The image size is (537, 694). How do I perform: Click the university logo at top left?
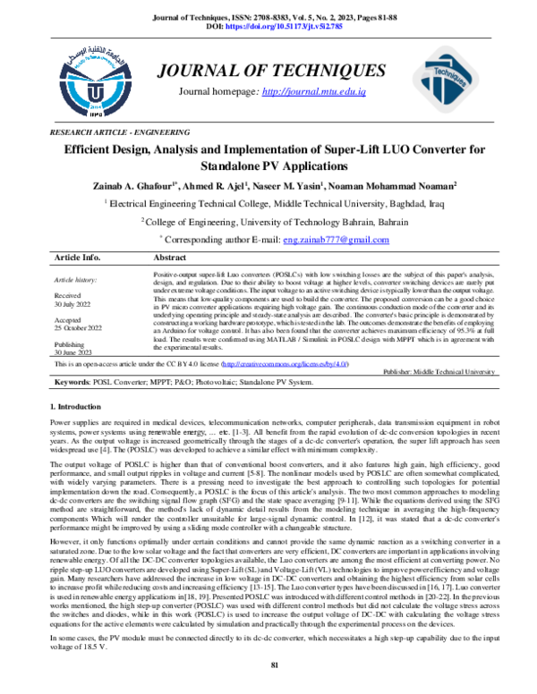(x=92, y=80)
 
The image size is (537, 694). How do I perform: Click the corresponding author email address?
(x=322, y=240)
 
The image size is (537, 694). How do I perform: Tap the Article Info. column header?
(x=78, y=257)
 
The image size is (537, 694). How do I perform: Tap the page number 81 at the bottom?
(x=276, y=664)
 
